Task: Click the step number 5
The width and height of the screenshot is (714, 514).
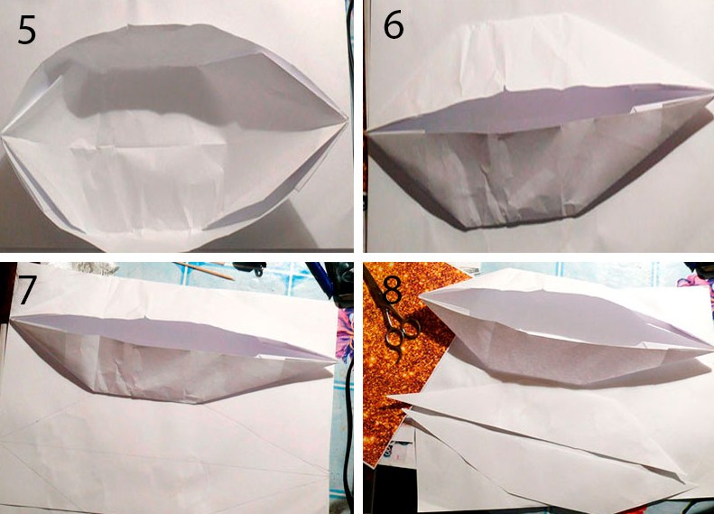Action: [x=26, y=30]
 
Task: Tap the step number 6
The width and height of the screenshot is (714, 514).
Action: [x=394, y=26]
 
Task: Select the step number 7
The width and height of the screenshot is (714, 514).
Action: [x=25, y=290]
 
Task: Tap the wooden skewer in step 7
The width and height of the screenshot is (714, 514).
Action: [x=204, y=270]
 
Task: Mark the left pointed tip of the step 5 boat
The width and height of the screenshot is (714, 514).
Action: [x=3, y=135]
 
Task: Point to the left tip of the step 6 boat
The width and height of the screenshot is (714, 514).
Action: [x=367, y=132]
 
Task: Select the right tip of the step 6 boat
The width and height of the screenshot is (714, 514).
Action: [x=711, y=91]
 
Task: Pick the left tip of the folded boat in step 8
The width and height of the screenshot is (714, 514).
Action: [x=421, y=295]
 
